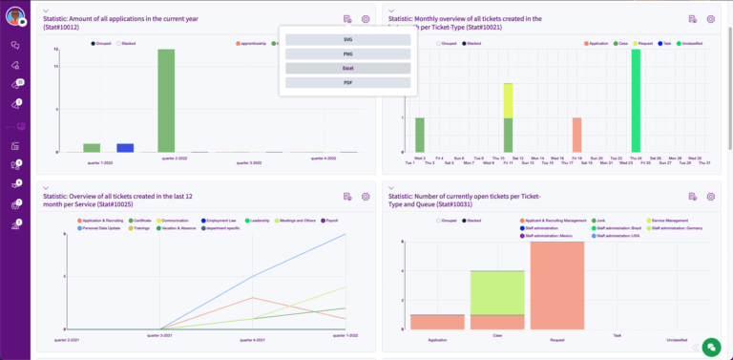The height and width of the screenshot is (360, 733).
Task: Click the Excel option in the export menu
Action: pyautogui.click(x=347, y=69)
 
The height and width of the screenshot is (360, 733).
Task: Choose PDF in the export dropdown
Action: pyautogui.click(x=347, y=83)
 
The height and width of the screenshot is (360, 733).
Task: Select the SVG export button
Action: pyautogui.click(x=347, y=39)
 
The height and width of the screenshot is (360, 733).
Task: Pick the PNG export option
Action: pyautogui.click(x=347, y=53)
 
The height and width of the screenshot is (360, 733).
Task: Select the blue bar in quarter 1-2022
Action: pyautogui.click(x=125, y=148)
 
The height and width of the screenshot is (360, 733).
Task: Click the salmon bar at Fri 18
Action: pyautogui.click(x=576, y=135)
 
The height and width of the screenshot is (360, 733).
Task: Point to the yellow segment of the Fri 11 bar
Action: pyautogui.click(x=508, y=100)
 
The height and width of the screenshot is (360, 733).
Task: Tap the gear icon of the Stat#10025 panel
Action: pyautogui.click(x=366, y=197)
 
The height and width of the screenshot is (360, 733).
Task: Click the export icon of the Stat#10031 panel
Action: pyautogui.click(x=693, y=197)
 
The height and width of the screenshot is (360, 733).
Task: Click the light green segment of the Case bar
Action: pyautogui.click(x=496, y=292)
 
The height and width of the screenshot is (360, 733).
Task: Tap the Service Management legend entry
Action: pyautogui.click(x=670, y=220)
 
